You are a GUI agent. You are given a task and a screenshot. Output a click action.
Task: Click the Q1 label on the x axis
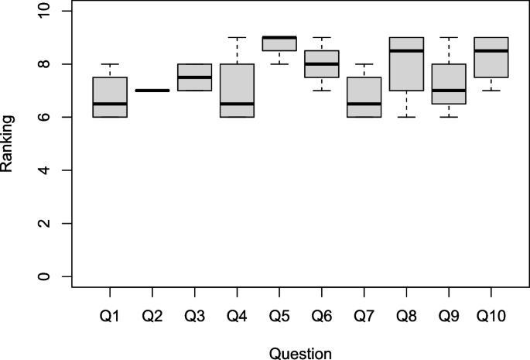(x=109, y=315)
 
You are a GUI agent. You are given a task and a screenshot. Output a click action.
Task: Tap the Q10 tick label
(x=491, y=315)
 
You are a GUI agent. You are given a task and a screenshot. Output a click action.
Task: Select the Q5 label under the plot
(x=279, y=315)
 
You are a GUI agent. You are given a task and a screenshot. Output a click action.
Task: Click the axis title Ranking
(x=10, y=143)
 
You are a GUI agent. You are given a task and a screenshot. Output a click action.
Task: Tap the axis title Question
(x=300, y=353)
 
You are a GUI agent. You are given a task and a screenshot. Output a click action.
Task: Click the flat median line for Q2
(x=152, y=91)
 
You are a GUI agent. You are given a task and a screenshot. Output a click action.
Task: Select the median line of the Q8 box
(x=406, y=51)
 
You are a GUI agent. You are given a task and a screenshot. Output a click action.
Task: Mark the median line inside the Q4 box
(x=237, y=104)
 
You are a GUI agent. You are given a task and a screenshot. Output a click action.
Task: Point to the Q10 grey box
(x=491, y=63)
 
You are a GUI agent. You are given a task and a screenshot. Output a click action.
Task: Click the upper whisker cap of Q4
(x=237, y=37)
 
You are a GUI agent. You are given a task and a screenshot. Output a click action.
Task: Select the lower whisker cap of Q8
(x=406, y=117)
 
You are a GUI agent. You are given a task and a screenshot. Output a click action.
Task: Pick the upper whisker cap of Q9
(x=448, y=37)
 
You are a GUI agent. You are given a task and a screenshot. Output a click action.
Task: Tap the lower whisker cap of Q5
(x=279, y=64)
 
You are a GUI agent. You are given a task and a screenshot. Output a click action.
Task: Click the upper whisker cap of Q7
(x=364, y=64)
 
